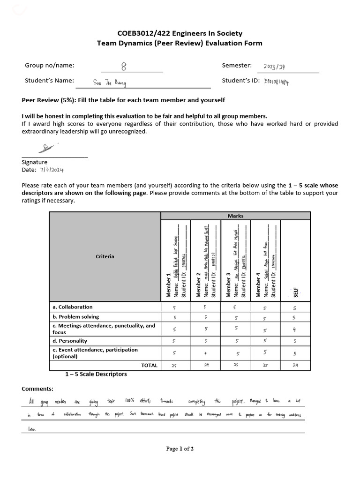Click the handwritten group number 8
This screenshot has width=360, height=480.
coord(123,67)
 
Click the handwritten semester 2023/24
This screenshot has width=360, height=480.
coord(274,67)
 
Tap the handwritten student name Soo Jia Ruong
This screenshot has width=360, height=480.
coord(110,83)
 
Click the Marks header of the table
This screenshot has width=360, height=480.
coord(235,216)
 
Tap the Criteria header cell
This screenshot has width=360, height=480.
coord(105,256)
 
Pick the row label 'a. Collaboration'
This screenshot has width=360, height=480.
coord(73,307)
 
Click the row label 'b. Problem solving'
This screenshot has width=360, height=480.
coord(76,317)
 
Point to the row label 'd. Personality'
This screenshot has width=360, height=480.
coord(70,341)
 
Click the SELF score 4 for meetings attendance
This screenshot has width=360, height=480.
coord(295,329)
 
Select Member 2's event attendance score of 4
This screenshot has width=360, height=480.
coord(205,353)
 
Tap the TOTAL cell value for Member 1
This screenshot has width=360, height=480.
coord(174,365)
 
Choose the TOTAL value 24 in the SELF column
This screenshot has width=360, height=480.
coord(295,365)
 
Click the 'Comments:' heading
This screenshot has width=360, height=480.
coord(37,389)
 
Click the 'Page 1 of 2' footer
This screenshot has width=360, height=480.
coord(180,449)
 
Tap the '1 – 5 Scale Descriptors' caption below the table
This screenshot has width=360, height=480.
coord(96,374)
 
